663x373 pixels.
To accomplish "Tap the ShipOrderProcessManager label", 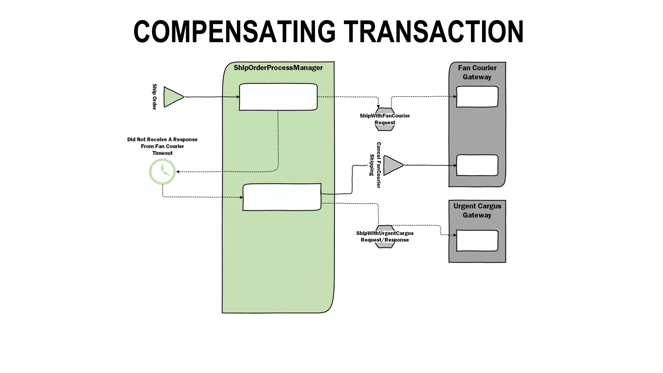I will pyautogui.click(x=278, y=68).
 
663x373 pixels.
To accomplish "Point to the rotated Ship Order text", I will pyautogui.click(x=154, y=97).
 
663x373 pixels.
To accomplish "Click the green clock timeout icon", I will pyautogui.click(x=162, y=172).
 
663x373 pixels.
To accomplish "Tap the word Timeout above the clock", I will pyautogui.click(x=163, y=153).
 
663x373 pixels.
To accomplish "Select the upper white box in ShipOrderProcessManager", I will pyautogui.click(x=278, y=97).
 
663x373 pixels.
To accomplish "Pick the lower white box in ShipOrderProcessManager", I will pyautogui.click(x=282, y=197).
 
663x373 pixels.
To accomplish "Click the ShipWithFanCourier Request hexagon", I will pyautogui.click(x=385, y=119).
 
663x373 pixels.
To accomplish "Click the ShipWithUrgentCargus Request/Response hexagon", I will pyautogui.click(x=385, y=237).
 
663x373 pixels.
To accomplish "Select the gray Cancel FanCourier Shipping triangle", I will pyautogui.click(x=392, y=165).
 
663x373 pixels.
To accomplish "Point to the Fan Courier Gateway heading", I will pyautogui.click(x=477, y=72).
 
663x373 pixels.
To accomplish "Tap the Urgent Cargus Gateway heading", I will pyautogui.click(x=477, y=210).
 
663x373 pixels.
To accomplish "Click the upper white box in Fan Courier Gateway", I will pyautogui.click(x=477, y=96).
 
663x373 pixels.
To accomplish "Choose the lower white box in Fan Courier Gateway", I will pyautogui.click(x=477, y=165).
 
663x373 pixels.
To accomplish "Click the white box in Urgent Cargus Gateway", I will pyautogui.click(x=477, y=241).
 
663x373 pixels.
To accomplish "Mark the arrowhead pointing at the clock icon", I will pyautogui.click(x=178, y=172).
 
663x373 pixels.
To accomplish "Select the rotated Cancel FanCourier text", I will pyautogui.click(x=378, y=165).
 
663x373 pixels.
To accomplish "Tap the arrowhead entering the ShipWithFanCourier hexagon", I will pyautogui.click(x=378, y=107).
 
